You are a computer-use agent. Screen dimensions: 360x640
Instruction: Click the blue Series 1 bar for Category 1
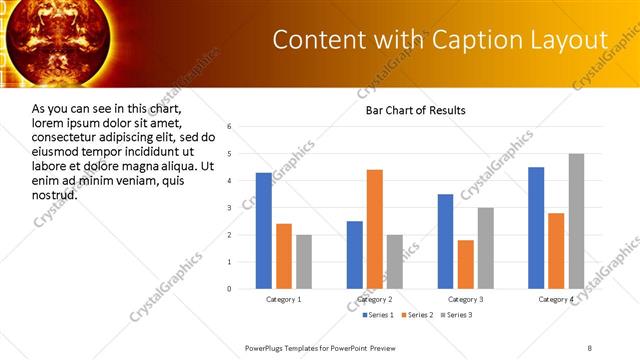tap(264, 231)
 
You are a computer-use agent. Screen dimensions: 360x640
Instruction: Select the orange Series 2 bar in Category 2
tap(375, 229)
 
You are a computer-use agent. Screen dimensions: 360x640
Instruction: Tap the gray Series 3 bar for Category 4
tap(577, 221)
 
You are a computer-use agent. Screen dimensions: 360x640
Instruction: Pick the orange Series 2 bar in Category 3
tap(466, 264)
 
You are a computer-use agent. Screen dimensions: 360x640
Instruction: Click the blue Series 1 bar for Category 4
tap(536, 228)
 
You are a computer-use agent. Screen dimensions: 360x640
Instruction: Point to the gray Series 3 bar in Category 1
tap(304, 262)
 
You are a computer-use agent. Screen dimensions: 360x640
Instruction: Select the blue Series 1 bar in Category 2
tap(355, 255)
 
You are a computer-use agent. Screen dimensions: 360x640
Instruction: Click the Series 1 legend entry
tap(379, 315)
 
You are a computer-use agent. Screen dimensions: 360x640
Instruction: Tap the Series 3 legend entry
tap(459, 315)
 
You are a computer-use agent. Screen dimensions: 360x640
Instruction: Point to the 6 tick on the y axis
tap(230, 127)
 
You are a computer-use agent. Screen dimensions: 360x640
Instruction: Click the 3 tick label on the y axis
tap(230, 208)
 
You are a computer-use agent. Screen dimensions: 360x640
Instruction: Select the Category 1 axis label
tap(284, 299)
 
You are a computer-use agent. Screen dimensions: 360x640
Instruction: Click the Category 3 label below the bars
tap(466, 299)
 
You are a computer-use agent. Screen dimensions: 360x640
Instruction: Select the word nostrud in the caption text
tap(55, 193)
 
